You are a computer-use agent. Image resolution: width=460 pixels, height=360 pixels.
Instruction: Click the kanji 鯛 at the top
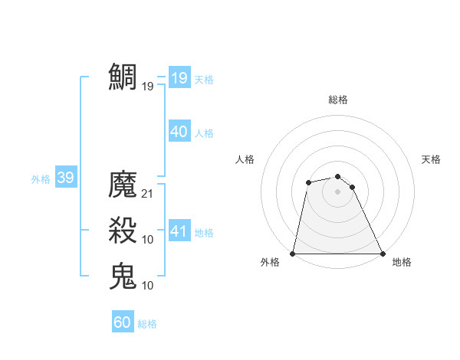tap(123, 77)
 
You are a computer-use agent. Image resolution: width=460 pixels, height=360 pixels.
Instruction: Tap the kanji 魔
tap(123, 185)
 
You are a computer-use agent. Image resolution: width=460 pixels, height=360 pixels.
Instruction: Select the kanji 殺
tap(123, 231)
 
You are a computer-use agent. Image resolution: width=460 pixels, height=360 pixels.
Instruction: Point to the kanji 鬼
tap(123, 276)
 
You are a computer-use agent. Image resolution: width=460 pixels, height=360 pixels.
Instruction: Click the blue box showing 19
tap(179, 77)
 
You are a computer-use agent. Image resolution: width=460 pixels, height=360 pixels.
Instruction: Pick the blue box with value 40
tap(179, 132)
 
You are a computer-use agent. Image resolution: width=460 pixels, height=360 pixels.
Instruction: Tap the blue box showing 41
tap(179, 231)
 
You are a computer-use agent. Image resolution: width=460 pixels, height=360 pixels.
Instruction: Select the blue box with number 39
tap(65, 178)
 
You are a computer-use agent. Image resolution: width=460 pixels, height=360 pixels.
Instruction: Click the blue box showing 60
tap(123, 322)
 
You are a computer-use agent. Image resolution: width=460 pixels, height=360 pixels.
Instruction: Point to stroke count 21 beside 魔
tap(148, 194)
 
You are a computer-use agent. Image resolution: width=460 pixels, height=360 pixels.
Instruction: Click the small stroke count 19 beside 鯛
tap(148, 86)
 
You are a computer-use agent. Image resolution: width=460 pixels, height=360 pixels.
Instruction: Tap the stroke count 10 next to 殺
tap(148, 240)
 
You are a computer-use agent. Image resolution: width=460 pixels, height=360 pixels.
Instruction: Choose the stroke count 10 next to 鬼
tap(148, 285)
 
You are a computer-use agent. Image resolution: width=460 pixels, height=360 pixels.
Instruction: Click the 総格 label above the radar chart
tap(338, 100)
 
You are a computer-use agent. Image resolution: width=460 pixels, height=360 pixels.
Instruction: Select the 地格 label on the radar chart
tap(402, 262)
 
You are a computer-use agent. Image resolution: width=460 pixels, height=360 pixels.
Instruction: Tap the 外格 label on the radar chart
tap(270, 262)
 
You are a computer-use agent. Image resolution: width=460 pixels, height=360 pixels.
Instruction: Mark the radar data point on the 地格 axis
tap(382, 254)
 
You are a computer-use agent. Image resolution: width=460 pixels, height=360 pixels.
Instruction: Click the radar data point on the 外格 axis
tap(293, 254)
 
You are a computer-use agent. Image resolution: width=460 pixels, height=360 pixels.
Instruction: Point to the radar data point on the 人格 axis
tap(308, 182)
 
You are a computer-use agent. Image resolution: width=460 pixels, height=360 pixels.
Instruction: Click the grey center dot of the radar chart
tap(337, 191)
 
